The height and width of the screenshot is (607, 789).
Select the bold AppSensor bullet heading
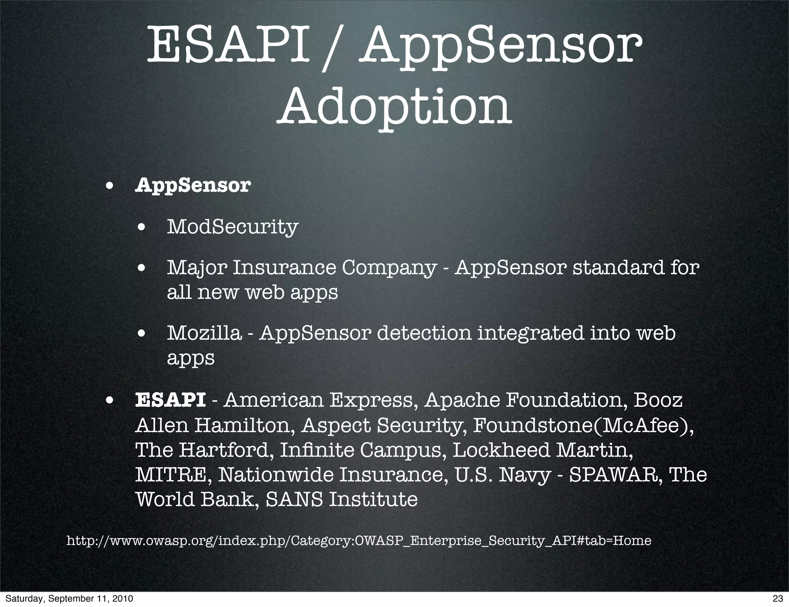coord(193,185)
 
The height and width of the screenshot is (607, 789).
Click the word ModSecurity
coord(232,226)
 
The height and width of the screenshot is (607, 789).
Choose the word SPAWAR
coord(616,475)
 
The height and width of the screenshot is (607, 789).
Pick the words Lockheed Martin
coord(542,450)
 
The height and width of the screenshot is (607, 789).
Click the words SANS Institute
coord(342,500)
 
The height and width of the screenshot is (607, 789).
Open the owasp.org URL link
coord(359,540)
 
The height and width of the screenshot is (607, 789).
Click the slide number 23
coord(778,599)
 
